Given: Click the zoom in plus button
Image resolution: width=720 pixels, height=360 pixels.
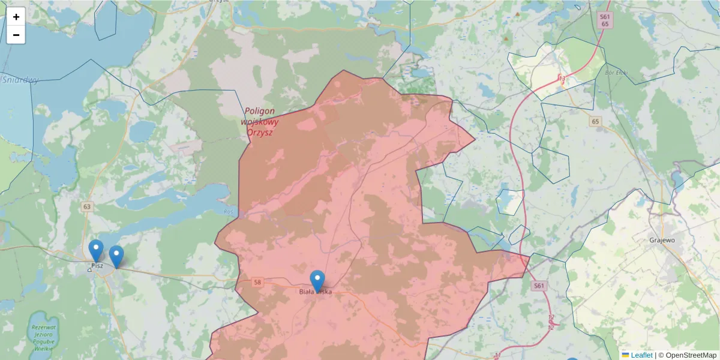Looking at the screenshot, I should pyautogui.click(x=16, y=17).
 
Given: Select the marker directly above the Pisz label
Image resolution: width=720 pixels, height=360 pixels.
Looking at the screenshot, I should pyautogui.click(x=96, y=250).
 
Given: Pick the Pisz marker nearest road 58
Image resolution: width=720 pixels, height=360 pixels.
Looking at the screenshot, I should pyautogui.click(x=116, y=256).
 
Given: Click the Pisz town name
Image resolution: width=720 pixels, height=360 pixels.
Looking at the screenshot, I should pyautogui.click(x=97, y=265).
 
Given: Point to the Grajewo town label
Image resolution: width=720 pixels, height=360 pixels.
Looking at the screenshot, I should pyautogui.click(x=662, y=240).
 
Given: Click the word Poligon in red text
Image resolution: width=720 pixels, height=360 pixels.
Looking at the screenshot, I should pyautogui.click(x=260, y=111).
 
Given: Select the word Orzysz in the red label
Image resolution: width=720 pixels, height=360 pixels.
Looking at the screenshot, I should pyautogui.click(x=259, y=132).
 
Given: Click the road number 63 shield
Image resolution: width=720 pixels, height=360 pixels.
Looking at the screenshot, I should pyautogui.click(x=88, y=207).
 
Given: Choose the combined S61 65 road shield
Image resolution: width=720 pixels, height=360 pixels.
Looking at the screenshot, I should pyautogui.click(x=605, y=20).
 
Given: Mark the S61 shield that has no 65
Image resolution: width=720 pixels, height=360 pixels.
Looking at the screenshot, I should pyautogui.click(x=539, y=286).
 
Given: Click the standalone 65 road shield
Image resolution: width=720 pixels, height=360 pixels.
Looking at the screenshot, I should pyautogui.click(x=595, y=122).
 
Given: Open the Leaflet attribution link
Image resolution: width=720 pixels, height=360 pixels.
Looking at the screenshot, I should pyautogui.click(x=641, y=355).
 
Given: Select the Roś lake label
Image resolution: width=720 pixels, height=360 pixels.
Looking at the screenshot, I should pyautogui.click(x=228, y=211).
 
